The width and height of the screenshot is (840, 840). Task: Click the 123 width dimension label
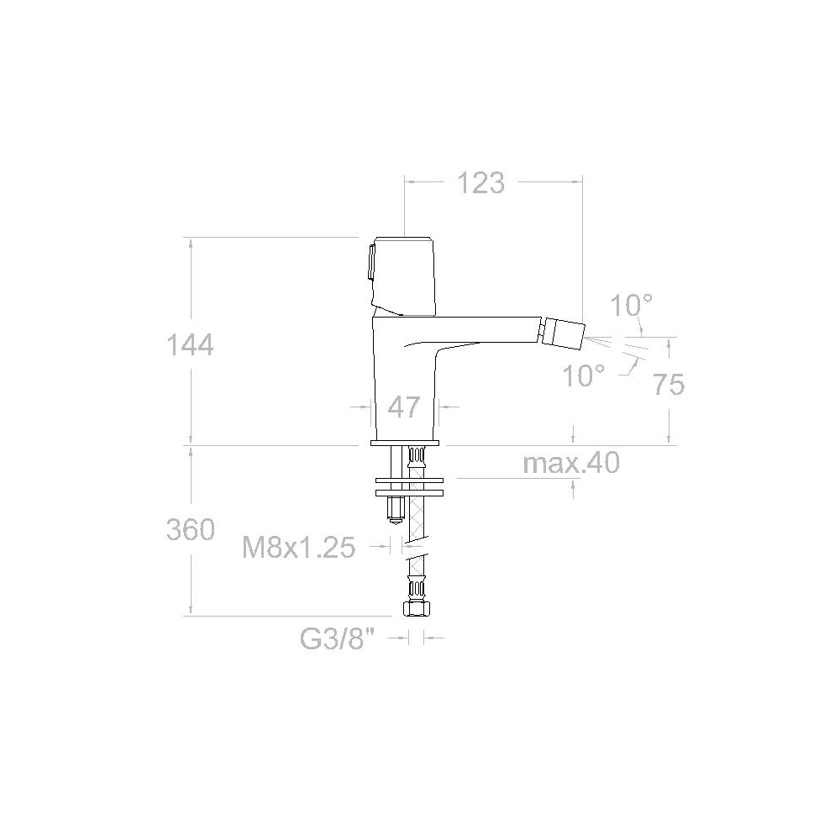click(480, 183)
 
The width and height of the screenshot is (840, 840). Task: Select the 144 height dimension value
click(190, 345)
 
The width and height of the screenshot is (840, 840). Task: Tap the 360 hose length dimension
click(190, 530)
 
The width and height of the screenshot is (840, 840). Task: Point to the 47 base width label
click(404, 407)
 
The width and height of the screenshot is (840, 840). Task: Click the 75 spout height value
click(669, 384)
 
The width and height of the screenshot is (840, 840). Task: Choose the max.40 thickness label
click(571, 463)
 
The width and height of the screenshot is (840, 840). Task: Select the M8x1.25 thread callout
click(299, 548)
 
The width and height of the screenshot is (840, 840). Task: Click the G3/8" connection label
click(337, 638)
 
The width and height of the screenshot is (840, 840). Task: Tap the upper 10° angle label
click(631, 306)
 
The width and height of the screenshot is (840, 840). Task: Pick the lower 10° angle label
click(583, 375)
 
